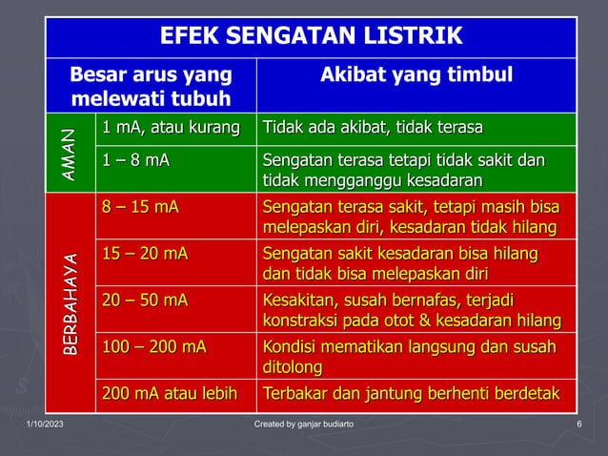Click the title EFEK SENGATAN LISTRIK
pos(311,37)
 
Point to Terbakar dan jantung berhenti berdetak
pos(412,393)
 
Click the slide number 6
pos(579,424)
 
